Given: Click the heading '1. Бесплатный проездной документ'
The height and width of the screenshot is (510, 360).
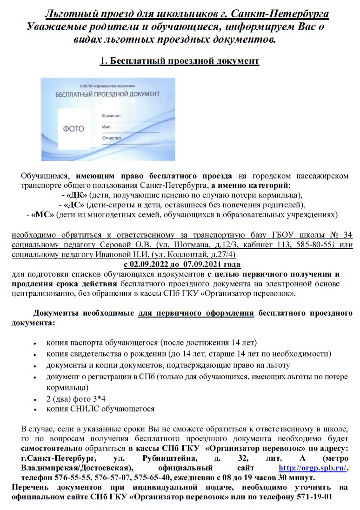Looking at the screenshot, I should point(180,61).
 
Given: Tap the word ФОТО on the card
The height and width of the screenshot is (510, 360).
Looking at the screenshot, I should point(73,129).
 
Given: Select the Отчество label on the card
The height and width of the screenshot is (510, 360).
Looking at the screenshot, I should point(111,138).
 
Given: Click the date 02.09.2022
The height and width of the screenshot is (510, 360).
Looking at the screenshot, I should point(150,265).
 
